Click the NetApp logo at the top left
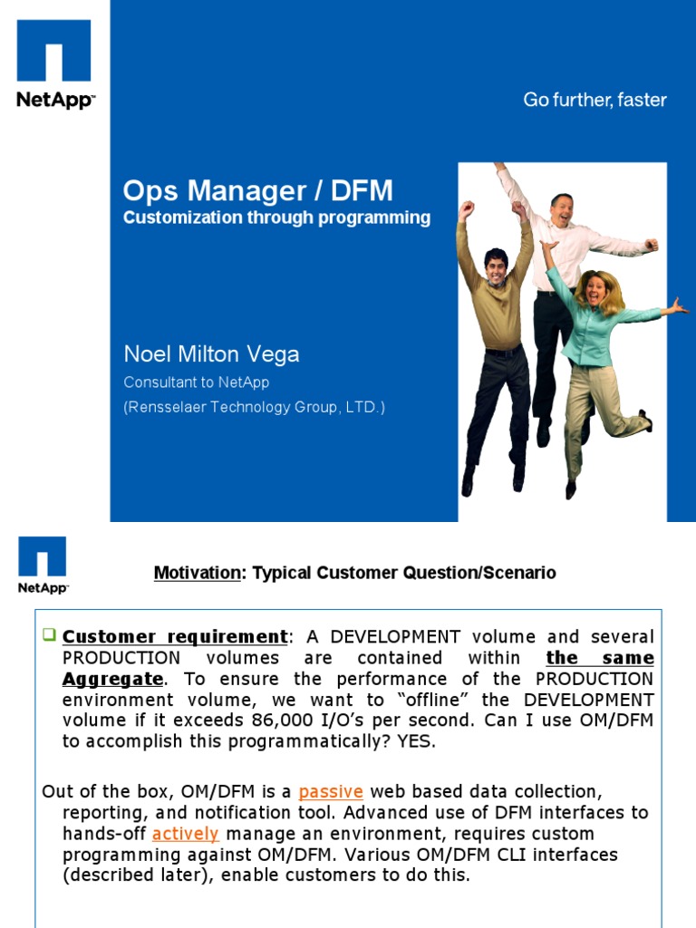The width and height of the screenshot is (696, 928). pos(54,63)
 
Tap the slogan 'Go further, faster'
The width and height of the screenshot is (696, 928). pos(594,100)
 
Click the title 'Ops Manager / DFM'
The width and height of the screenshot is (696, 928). pos(258,191)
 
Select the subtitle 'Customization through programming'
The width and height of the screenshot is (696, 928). pos(276,217)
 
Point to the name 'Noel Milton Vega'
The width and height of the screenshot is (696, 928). pos(211,353)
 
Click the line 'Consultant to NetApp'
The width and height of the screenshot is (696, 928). pos(196,382)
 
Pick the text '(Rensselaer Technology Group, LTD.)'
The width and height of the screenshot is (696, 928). pos(254,408)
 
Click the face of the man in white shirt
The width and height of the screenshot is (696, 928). pos(562,211)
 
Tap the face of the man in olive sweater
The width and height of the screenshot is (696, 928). pos(496,267)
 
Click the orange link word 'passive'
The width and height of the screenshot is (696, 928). pos(331,791)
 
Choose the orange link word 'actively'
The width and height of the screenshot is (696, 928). pos(186,833)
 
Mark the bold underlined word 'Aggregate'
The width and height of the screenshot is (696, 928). pos(112,679)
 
